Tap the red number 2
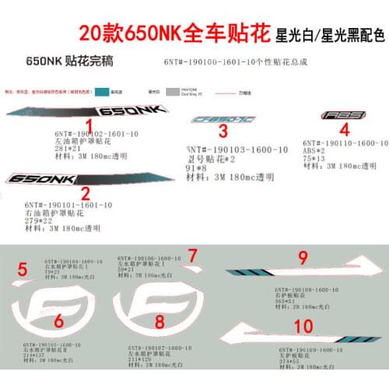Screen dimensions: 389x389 pyautogui.click(x=86, y=192)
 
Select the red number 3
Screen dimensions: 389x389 pyautogui.click(x=223, y=131)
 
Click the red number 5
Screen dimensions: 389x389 pyautogui.click(x=23, y=270)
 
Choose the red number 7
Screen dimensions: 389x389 pyautogui.click(x=193, y=254)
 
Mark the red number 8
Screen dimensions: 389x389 pyautogui.click(x=160, y=321)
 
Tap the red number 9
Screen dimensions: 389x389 pyautogui.click(x=303, y=258)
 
